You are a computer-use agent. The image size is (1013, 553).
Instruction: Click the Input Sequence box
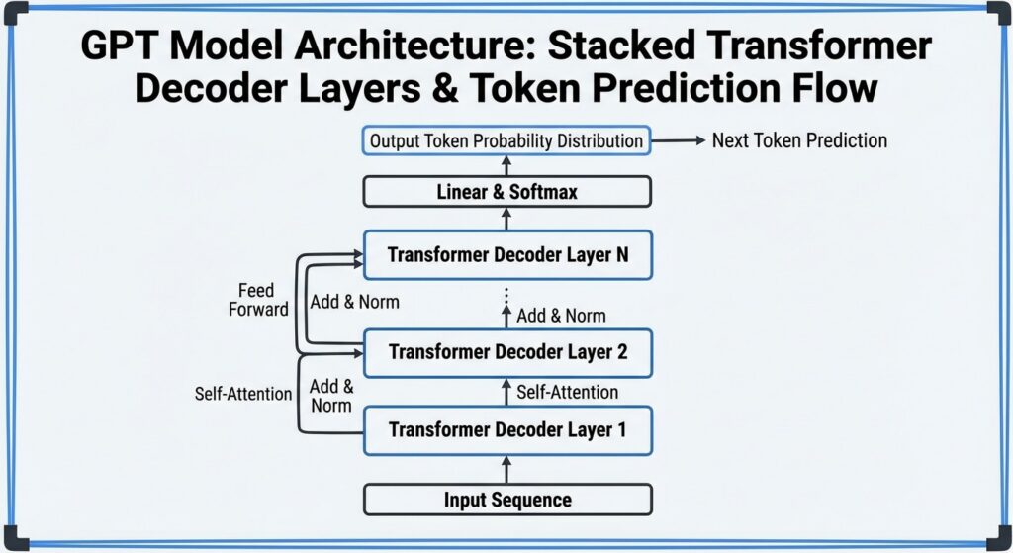[x=506, y=500]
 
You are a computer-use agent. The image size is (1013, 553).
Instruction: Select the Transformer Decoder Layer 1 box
[x=506, y=430]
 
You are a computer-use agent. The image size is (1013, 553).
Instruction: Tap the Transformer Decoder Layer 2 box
[x=506, y=352]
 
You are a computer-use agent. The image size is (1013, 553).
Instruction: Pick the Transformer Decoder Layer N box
[x=506, y=255]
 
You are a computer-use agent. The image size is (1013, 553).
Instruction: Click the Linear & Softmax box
[x=506, y=191]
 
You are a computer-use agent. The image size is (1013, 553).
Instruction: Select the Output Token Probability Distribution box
[x=506, y=140]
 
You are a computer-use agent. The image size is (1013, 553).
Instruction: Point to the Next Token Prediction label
[x=799, y=140]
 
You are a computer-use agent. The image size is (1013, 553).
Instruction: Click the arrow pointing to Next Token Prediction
[x=679, y=140]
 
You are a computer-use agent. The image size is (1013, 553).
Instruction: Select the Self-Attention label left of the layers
[x=243, y=394]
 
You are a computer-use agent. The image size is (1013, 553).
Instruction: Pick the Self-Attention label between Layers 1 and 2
[x=567, y=392]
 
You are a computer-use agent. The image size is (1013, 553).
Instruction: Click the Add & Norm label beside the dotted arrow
[x=561, y=316]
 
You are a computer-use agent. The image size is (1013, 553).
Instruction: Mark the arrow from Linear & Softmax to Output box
[x=506, y=165]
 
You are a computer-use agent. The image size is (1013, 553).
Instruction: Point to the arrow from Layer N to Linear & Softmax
[x=506, y=220]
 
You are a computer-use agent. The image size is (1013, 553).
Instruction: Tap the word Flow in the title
[x=832, y=89]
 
